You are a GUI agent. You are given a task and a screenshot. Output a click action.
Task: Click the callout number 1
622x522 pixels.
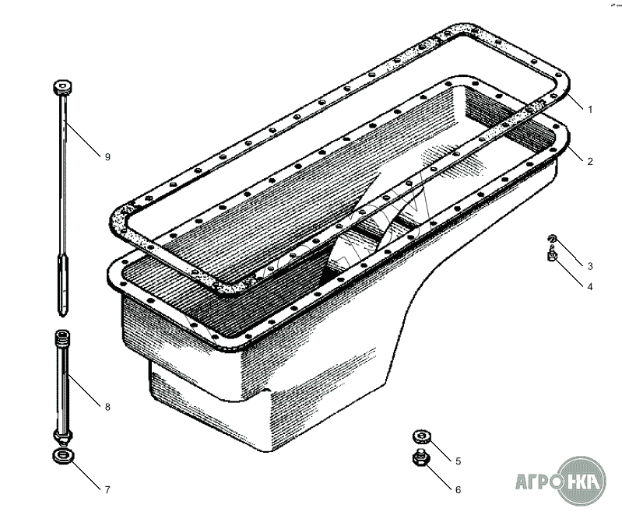coord(590,110)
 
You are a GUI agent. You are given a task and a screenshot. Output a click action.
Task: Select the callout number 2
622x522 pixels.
coord(590,161)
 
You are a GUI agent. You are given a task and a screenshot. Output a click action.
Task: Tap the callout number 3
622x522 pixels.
coord(590,266)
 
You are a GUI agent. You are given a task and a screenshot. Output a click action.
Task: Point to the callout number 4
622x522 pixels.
coord(590,286)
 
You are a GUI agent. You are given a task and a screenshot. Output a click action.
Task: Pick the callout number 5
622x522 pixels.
coord(459,461)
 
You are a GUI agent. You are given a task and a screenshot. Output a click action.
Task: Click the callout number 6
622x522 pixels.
coord(459,490)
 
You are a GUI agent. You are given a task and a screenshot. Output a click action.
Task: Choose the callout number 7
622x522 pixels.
coord(107,490)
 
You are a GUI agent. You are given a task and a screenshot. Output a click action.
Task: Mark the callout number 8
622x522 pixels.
coord(107,407)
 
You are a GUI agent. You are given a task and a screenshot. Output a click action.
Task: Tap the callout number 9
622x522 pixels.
coord(107,157)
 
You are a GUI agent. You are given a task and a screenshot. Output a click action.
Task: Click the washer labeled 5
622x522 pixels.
coord(422,436)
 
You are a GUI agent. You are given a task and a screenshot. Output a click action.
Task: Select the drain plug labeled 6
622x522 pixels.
coord(422,458)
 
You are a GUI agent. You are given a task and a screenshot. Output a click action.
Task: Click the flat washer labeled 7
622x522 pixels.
coord(63,456)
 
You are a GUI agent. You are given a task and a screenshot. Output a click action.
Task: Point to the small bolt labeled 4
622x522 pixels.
coord(552,254)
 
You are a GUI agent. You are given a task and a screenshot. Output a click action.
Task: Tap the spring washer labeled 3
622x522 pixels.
coord(552,239)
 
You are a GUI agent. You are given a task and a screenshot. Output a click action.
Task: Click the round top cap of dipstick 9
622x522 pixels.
coord(62,88)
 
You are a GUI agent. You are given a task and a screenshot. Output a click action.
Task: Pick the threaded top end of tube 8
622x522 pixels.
coord(63,338)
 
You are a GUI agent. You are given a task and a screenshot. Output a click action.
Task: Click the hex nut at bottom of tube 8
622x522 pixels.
coord(63,437)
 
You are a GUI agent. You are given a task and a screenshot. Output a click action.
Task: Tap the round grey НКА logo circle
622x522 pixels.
coord(582,481)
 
